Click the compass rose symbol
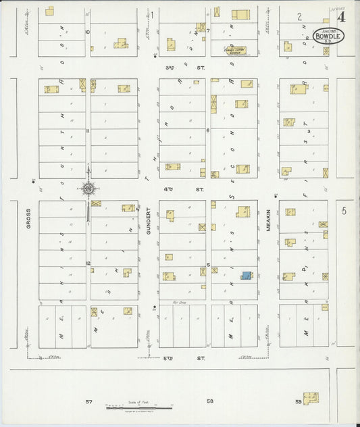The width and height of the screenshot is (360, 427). pyautogui.click(x=88, y=190)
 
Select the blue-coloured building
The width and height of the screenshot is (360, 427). pyautogui.click(x=247, y=275)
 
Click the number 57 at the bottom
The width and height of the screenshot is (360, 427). pyautogui.click(x=88, y=401)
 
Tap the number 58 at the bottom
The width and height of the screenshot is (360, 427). pyautogui.click(x=210, y=401)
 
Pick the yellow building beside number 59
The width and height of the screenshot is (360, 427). pyautogui.click(x=311, y=399)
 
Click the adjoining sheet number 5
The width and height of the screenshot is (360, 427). pyautogui.click(x=344, y=211)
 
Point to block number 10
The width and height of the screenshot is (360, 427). pyautogui.click(x=87, y=31)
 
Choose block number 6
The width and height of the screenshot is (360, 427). pyautogui.click(x=208, y=130)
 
